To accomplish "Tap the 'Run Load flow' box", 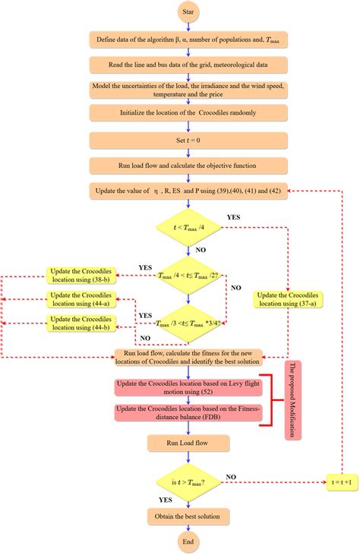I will click(182, 441).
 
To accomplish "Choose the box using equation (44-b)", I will click(79, 324).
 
